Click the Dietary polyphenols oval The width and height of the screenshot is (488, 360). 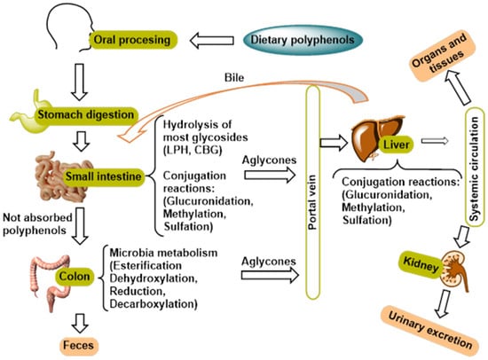303,40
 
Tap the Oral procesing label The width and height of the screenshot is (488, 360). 133,40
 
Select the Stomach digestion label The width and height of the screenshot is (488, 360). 86,114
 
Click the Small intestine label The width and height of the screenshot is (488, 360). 103,176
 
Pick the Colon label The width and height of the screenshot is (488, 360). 75,277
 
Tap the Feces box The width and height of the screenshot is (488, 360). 79,346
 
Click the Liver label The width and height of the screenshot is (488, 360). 397,145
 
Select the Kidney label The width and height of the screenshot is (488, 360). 421,266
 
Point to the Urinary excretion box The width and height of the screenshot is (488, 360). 429,331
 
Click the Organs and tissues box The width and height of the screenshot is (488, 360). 440,56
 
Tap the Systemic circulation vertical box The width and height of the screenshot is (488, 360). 475,166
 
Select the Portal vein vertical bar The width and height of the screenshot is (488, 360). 313,192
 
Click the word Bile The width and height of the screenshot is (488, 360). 234,77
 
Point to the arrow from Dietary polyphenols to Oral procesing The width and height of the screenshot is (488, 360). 212,41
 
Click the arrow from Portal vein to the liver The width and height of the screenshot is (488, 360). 334,143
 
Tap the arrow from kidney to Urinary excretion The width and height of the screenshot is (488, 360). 443,304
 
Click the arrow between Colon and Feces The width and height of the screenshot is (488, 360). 80,324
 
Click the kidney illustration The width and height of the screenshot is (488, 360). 454,270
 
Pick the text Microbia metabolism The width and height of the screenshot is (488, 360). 163,253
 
